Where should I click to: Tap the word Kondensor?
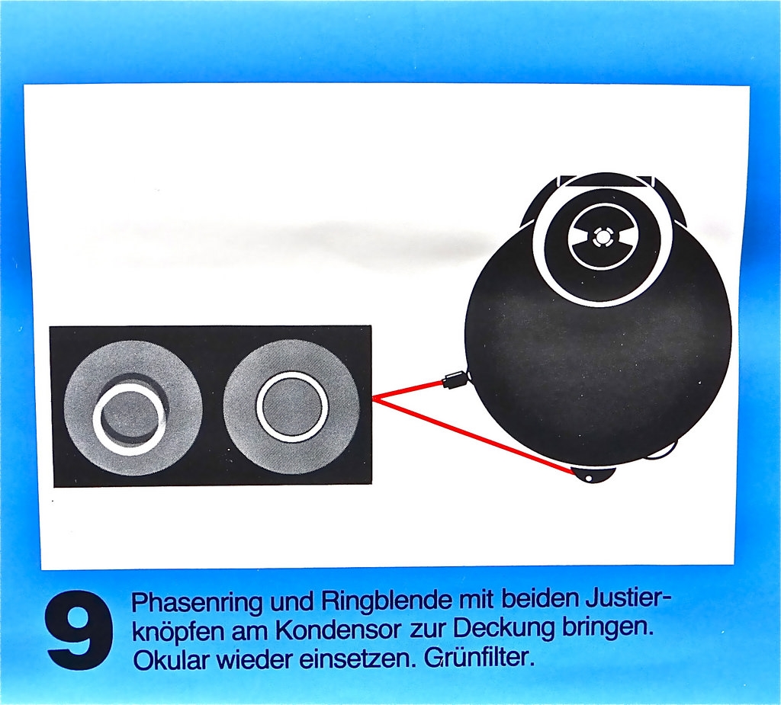point(338,631)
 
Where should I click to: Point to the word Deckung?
point(503,630)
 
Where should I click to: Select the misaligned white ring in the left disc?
point(129,418)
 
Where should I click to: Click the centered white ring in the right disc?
point(292,404)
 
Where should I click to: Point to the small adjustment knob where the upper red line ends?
point(455,381)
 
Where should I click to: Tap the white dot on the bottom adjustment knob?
point(588,478)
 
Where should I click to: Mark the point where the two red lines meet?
point(374,397)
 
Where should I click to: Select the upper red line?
point(408,389)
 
